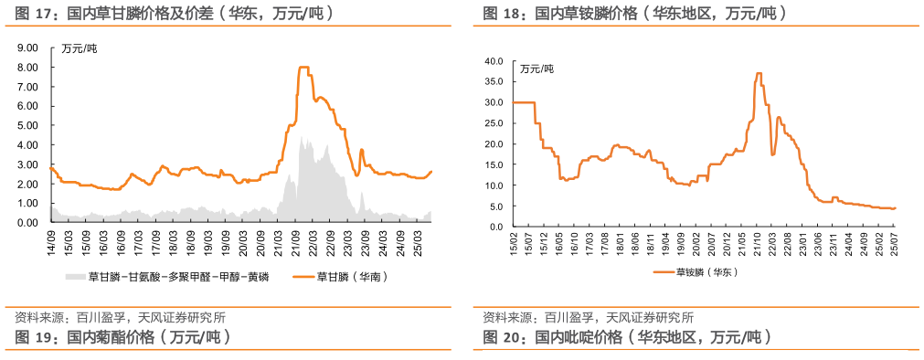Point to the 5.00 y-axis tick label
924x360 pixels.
tap(27, 125)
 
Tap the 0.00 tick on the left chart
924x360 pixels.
tap(27, 223)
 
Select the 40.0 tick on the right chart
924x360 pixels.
tap(494, 61)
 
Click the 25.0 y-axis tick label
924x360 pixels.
tap(494, 123)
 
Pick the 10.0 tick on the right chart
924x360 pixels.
tap(494, 185)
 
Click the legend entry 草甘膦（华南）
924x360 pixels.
tap(351, 276)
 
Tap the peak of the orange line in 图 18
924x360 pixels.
tap(759, 73)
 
